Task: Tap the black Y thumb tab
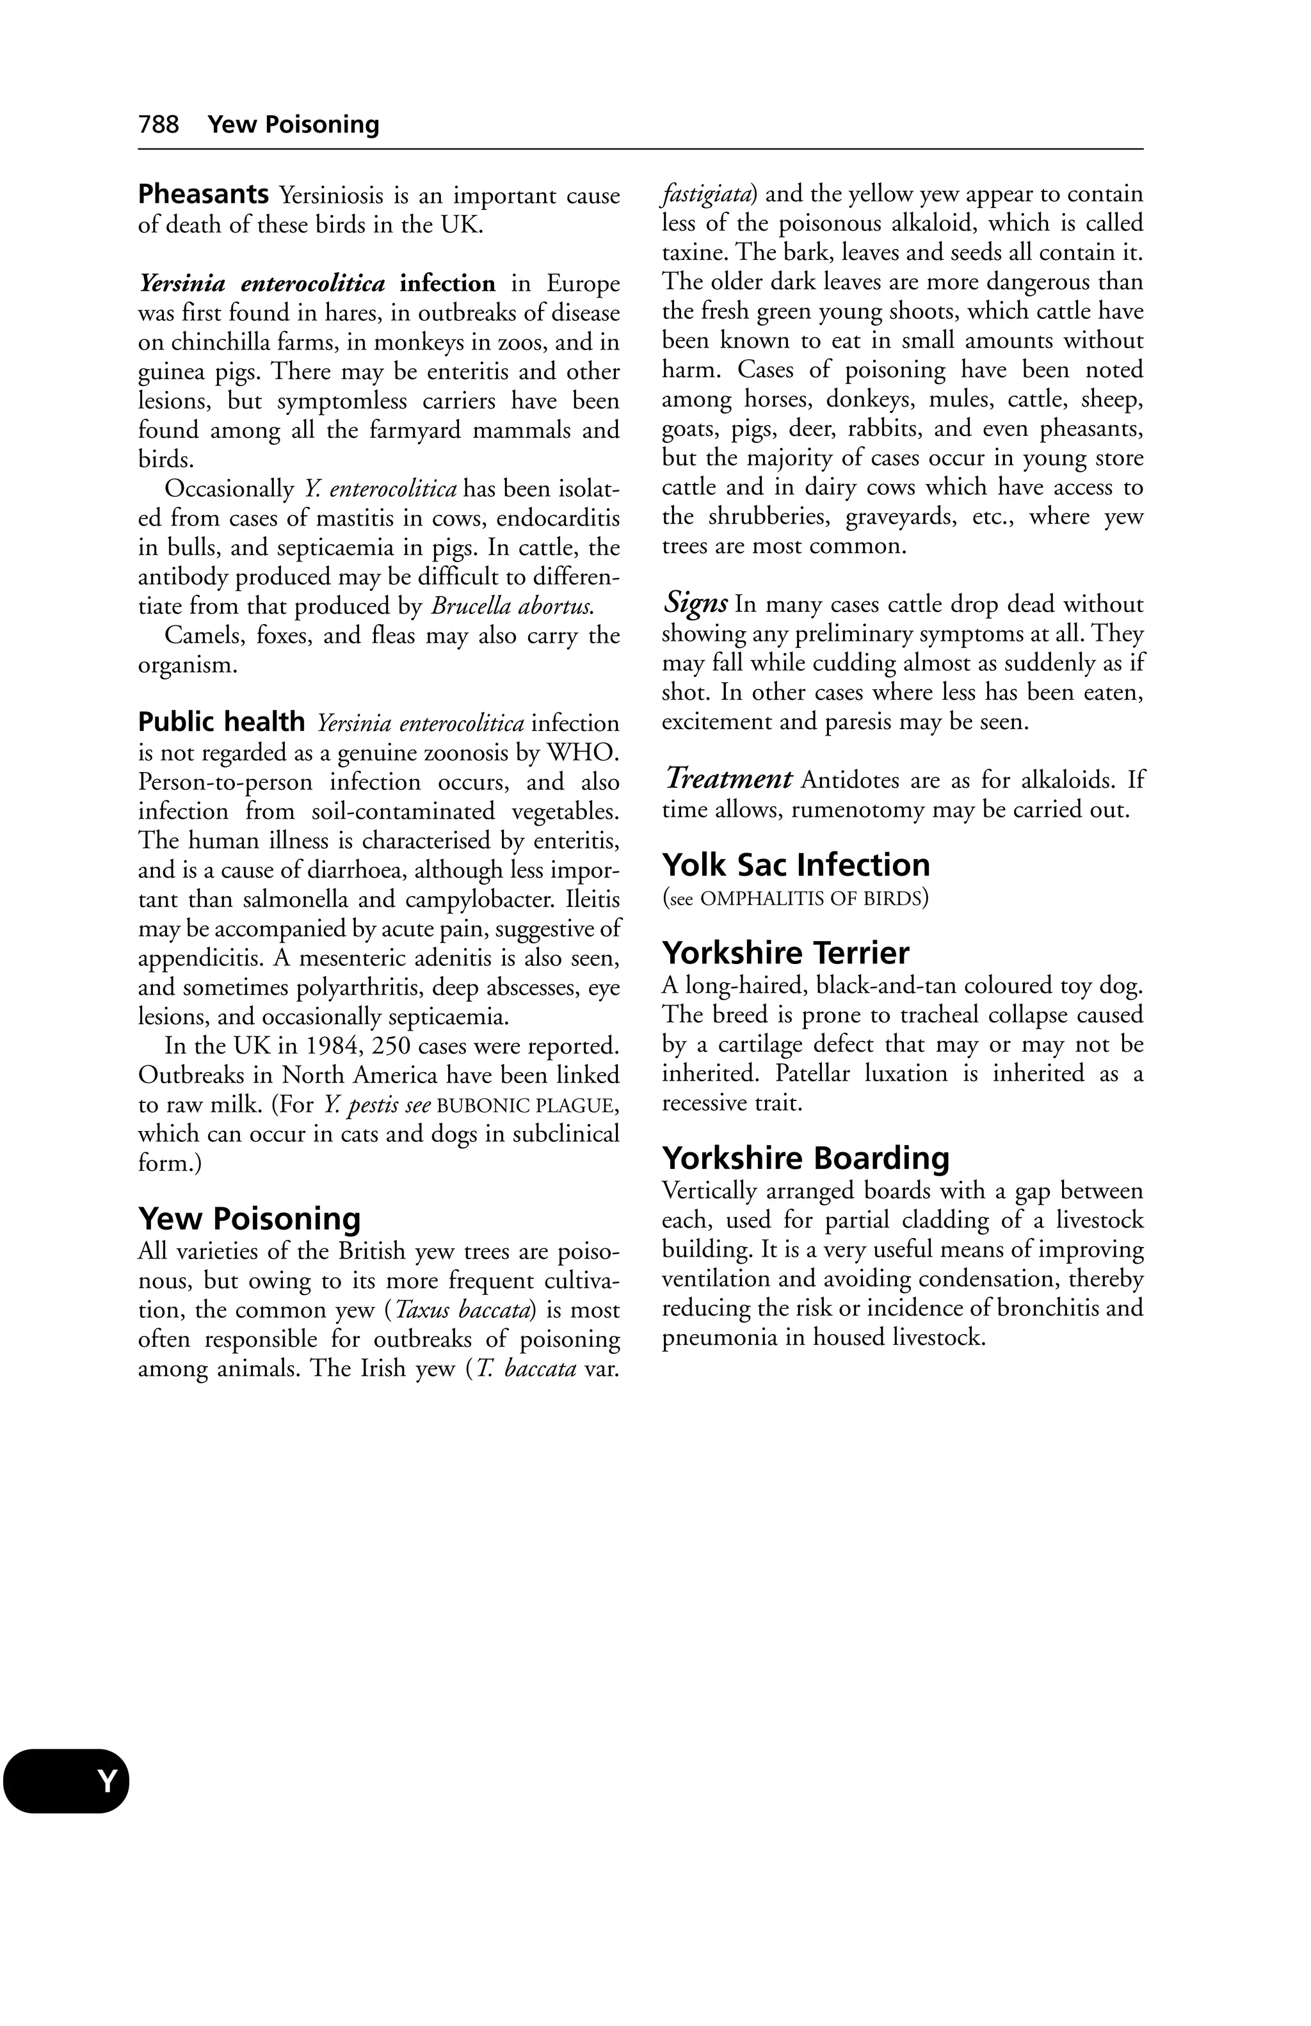tap(67, 1781)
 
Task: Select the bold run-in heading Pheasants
tap(204, 195)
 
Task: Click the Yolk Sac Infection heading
tap(795, 865)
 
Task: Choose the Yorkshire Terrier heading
tap(785, 953)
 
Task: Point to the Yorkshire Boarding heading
tap(805, 1159)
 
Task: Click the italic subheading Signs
tap(695, 604)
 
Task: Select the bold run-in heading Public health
tap(221, 723)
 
